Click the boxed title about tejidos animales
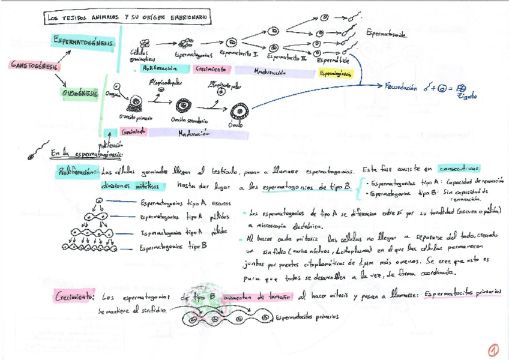127,19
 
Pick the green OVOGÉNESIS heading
80,94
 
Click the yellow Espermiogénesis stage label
336,73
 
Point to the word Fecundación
400,87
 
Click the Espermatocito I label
239,54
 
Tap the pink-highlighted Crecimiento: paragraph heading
75,296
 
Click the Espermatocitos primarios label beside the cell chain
307,316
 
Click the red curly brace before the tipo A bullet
359,187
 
